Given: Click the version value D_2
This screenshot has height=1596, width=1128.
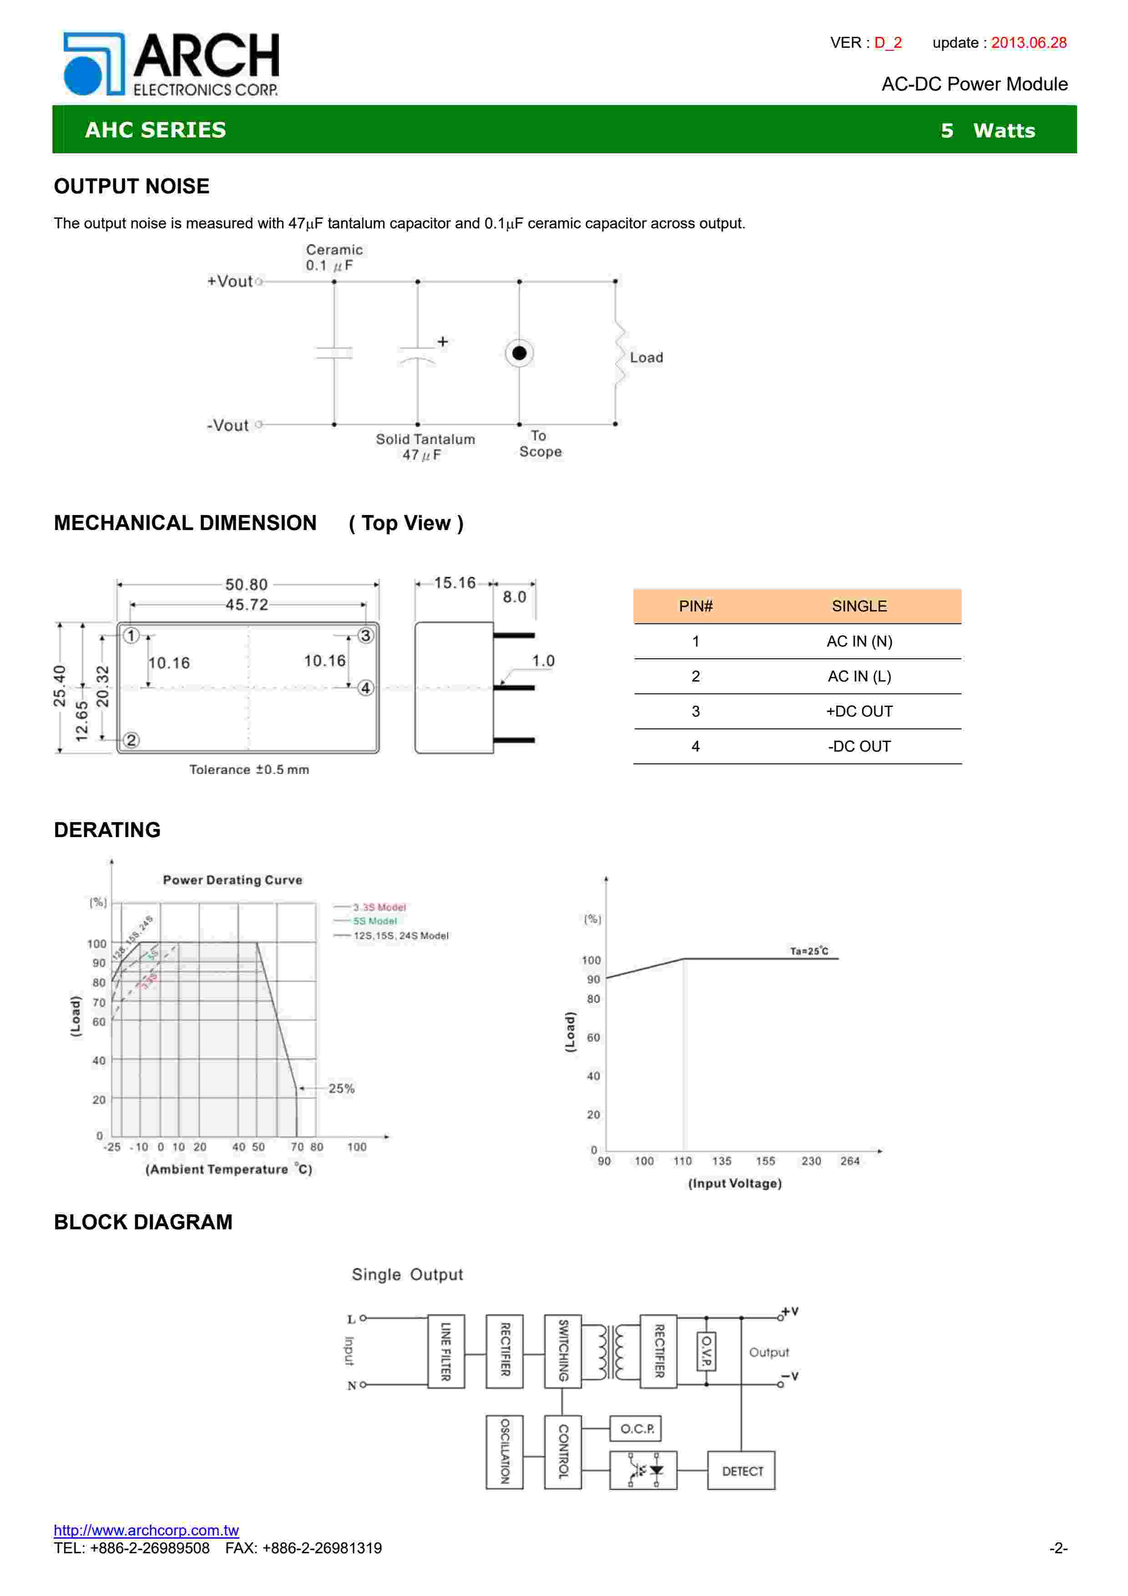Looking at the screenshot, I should (x=888, y=42).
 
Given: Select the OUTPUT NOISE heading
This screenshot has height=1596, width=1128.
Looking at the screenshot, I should (x=132, y=186).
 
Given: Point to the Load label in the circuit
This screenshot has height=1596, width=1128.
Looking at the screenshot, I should (x=646, y=357).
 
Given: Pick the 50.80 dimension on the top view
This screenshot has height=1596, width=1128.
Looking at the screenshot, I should (x=246, y=585).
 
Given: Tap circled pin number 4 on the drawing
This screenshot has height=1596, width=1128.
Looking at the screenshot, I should (x=365, y=688).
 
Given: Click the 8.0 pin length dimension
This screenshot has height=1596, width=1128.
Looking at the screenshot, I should (x=514, y=597).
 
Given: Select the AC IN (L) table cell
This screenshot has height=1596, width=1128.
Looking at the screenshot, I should (x=859, y=677).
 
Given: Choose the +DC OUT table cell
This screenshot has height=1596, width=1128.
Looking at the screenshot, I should (x=859, y=711).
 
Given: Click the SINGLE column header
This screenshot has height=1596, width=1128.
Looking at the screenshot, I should (x=859, y=606).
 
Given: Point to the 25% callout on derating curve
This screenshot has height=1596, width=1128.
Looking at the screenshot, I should (x=341, y=1089).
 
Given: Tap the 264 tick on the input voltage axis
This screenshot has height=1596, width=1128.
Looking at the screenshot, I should (x=850, y=1161).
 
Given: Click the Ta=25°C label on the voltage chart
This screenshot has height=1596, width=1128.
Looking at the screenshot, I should (x=809, y=951).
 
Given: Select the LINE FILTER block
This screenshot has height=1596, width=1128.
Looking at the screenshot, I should (x=445, y=1351).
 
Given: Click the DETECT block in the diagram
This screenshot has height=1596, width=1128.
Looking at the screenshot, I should (x=742, y=1471).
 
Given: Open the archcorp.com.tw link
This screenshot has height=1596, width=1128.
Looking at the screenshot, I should (x=146, y=1530).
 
